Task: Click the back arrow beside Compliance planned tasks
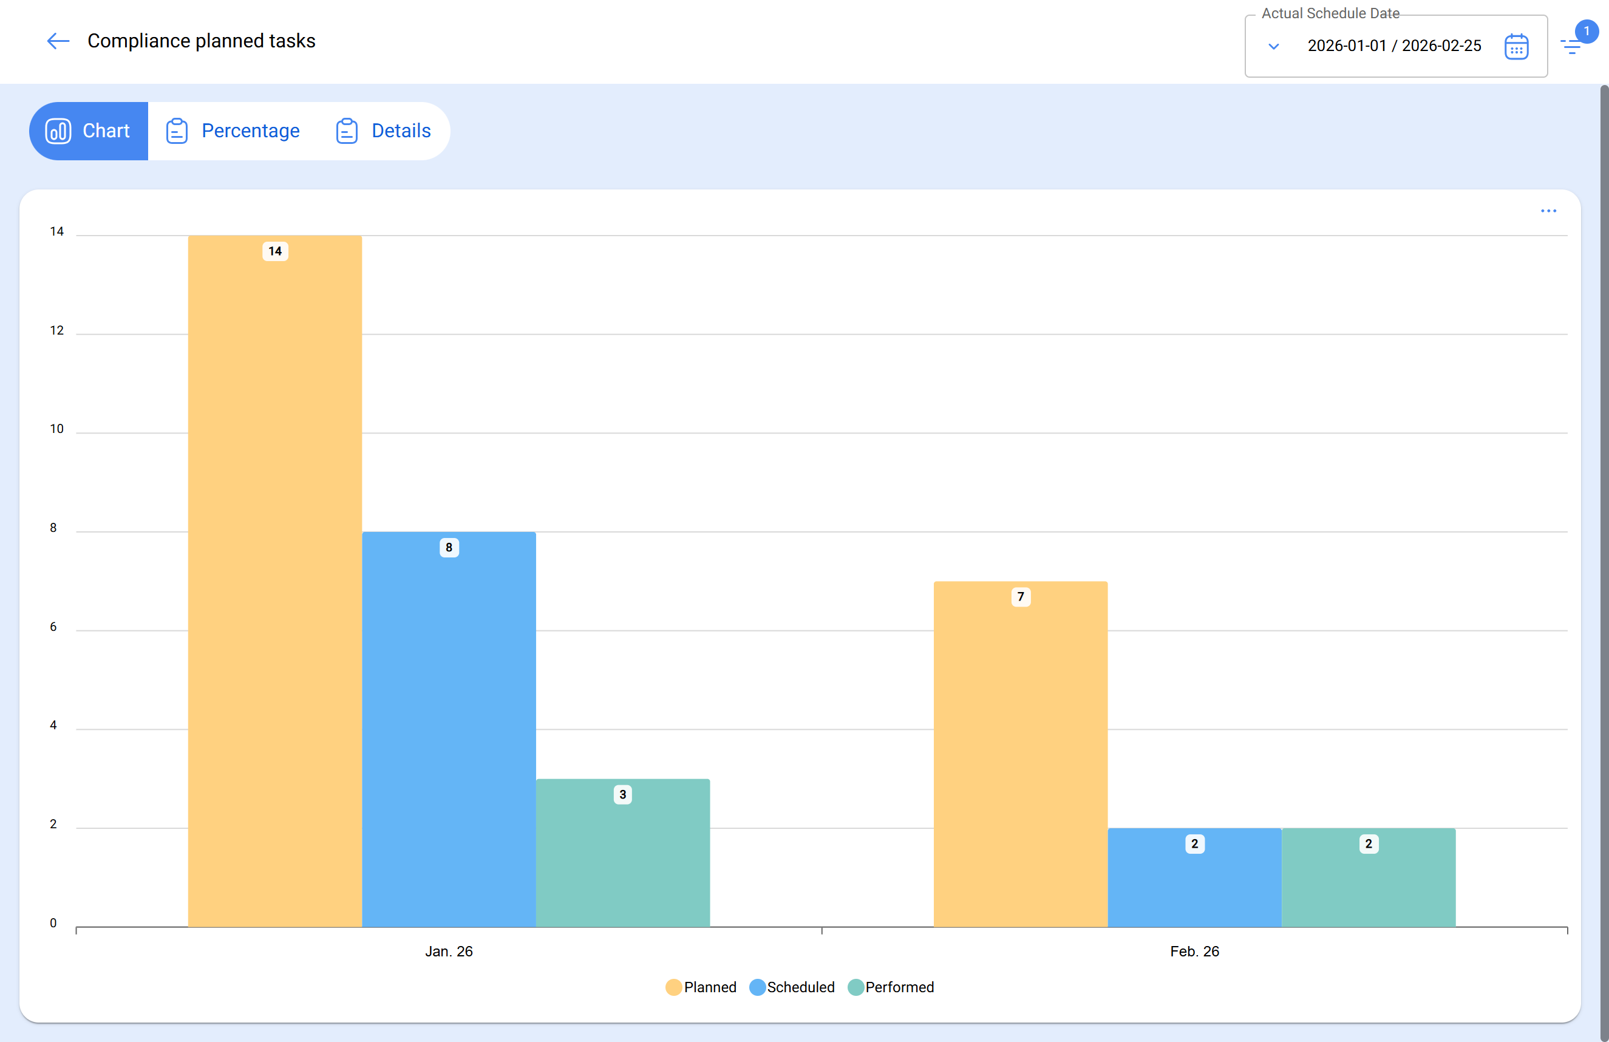click(58, 41)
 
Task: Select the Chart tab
click(89, 131)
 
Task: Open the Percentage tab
click(233, 131)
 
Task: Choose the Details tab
click(383, 131)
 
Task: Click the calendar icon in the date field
click(1515, 47)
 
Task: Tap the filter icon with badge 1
click(1571, 46)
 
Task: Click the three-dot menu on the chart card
click(1548, 211)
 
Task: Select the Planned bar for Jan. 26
click(274, 582)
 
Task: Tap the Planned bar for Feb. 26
click(1020, 754)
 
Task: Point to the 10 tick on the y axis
click(57, 429)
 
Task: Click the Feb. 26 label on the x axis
click(1194, 952)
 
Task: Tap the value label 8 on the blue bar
click(449, 547)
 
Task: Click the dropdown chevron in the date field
click(1274, 47)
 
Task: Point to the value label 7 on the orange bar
click(1020, 596)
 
